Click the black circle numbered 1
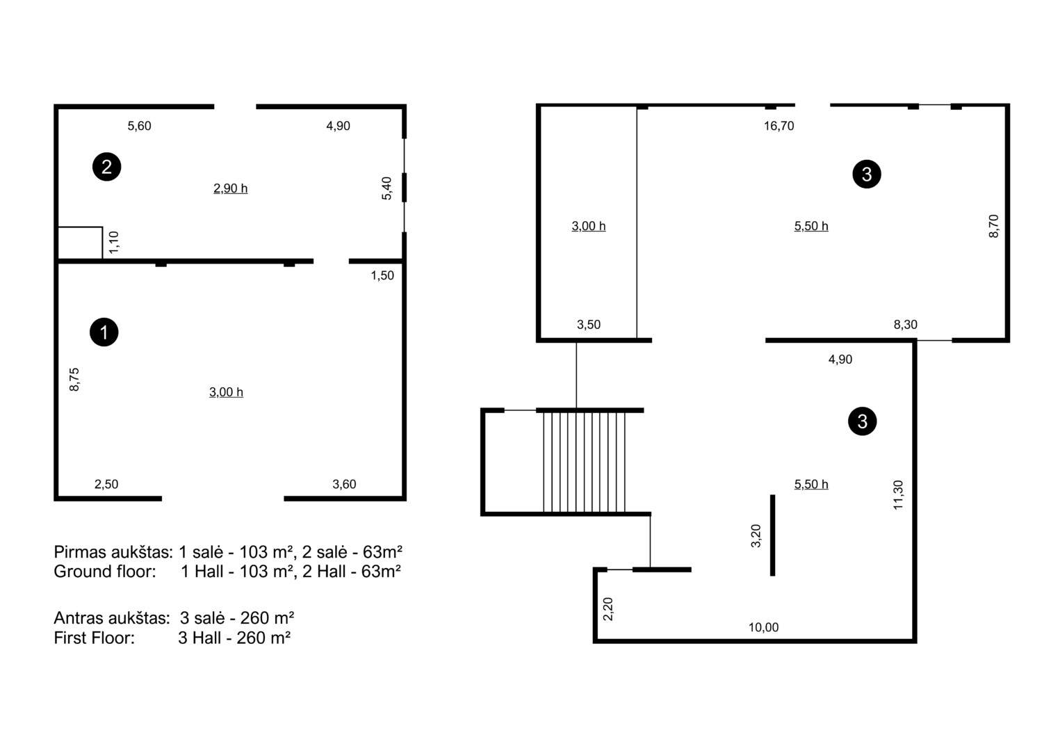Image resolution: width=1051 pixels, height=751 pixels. click(x=104, y=332)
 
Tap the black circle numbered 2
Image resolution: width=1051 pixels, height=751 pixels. click(x=106, y=167)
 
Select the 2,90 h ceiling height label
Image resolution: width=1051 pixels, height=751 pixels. click(x=230, y=188)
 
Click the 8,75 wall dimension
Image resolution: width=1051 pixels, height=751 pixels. click(x=74, y=379)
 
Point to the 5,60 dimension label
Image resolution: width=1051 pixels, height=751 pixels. click(x=139, y=126)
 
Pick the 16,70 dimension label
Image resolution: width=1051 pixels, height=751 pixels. click(x=779, y=126)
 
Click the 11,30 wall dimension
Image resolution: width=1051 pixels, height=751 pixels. click(x=897, y=494)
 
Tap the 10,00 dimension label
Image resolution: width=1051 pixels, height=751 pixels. click(x=763, y=627)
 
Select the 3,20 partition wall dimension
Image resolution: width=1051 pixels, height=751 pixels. click(x=756, y=535)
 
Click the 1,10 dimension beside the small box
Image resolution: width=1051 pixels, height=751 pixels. click(x=113, y=242)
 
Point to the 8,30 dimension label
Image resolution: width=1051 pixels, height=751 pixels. click(x=905, y=324)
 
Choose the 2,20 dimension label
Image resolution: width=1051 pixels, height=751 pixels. click(x=608, y=608)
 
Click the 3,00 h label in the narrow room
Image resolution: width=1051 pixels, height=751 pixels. click(x=588, y=226)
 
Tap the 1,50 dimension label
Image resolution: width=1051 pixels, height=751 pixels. click(x=382, y=275)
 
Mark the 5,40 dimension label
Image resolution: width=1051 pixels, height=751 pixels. click(x=386, y=188)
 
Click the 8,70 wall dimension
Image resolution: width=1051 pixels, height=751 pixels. click(x=993, y=226)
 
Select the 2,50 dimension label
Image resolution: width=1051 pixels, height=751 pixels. click(x=106, y=484)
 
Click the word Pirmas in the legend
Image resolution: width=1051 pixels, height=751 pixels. click(x=81, y=552)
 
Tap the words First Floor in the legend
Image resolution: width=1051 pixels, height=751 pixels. click(x=95, y=638)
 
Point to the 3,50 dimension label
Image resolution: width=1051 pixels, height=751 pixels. click(x=588, y=324)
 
